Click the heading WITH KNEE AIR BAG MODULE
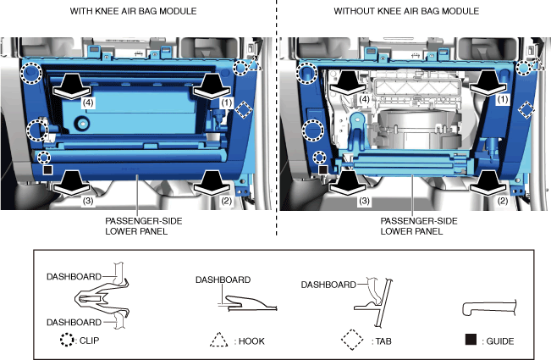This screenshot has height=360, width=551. tap(133, 11)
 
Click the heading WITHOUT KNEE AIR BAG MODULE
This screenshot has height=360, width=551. tap(406, 11)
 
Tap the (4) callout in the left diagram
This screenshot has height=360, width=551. tap(88, 102)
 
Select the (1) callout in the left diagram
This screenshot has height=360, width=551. tap(227, 102)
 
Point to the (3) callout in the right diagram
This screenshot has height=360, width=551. tap(364, 201)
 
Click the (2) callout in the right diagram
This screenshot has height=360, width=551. tap(503, 201)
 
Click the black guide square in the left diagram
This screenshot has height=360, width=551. tap(47, 170)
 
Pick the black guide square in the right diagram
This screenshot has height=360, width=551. tap(323, 170)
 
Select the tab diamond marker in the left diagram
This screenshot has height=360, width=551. tap(244, 110)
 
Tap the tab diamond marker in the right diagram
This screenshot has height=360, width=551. tap(526, 110)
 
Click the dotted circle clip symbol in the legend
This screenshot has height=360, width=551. tap(67, 340)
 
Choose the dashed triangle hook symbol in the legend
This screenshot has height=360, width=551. tap(218, 340)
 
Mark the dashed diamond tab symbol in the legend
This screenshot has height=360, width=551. tap(352, 340)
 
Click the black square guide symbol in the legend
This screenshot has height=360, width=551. tap(471, 340)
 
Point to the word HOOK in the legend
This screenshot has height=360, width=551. tap(251, 341)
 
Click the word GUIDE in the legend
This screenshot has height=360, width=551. tap(500, 341)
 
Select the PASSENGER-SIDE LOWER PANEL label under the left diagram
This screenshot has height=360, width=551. tap(143, 226)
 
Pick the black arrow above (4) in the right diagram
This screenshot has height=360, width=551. tap(348, 83)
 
